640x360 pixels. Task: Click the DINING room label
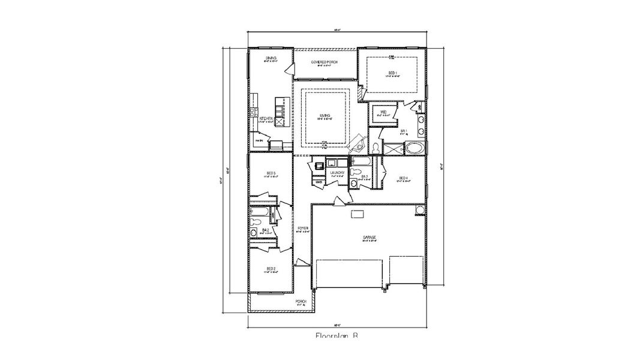pyautogui.click(x=271, y=58)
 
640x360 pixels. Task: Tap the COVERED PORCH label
pyautogui.click(x=324, y=62)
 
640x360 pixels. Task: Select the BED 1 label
pyautogui.click(x=392, y=73)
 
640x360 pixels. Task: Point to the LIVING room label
pyautogui.click(x=324, y=115)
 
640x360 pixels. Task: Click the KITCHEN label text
pyautogui.click(x=266, y=119)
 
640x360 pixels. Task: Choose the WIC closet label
pyautogui.click(x=382, y=112)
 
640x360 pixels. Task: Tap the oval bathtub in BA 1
pyautogui.click(x=414, y=148)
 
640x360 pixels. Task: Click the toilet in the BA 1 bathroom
pyautogui.click(x=375, y=146)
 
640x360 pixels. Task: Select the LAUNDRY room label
pyautogui.click(x=337, y=173)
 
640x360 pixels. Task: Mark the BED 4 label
pyautogui.click(x=403, y=178)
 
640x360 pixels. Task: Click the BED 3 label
pyautogui.click(x=271, y=173)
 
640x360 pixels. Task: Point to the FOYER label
pyautogui.click(x=303, y=228)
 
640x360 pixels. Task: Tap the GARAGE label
pyautogui.click(x=369, y=238)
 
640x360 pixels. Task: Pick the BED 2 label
pyautogui.click(x=271, y=269)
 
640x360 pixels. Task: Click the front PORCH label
pyautogui.click(x=301, y=301)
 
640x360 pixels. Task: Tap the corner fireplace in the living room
pyautogui.click(x=358, y=143)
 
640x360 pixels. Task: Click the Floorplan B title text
pyautogui.click(x=336, y=337)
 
